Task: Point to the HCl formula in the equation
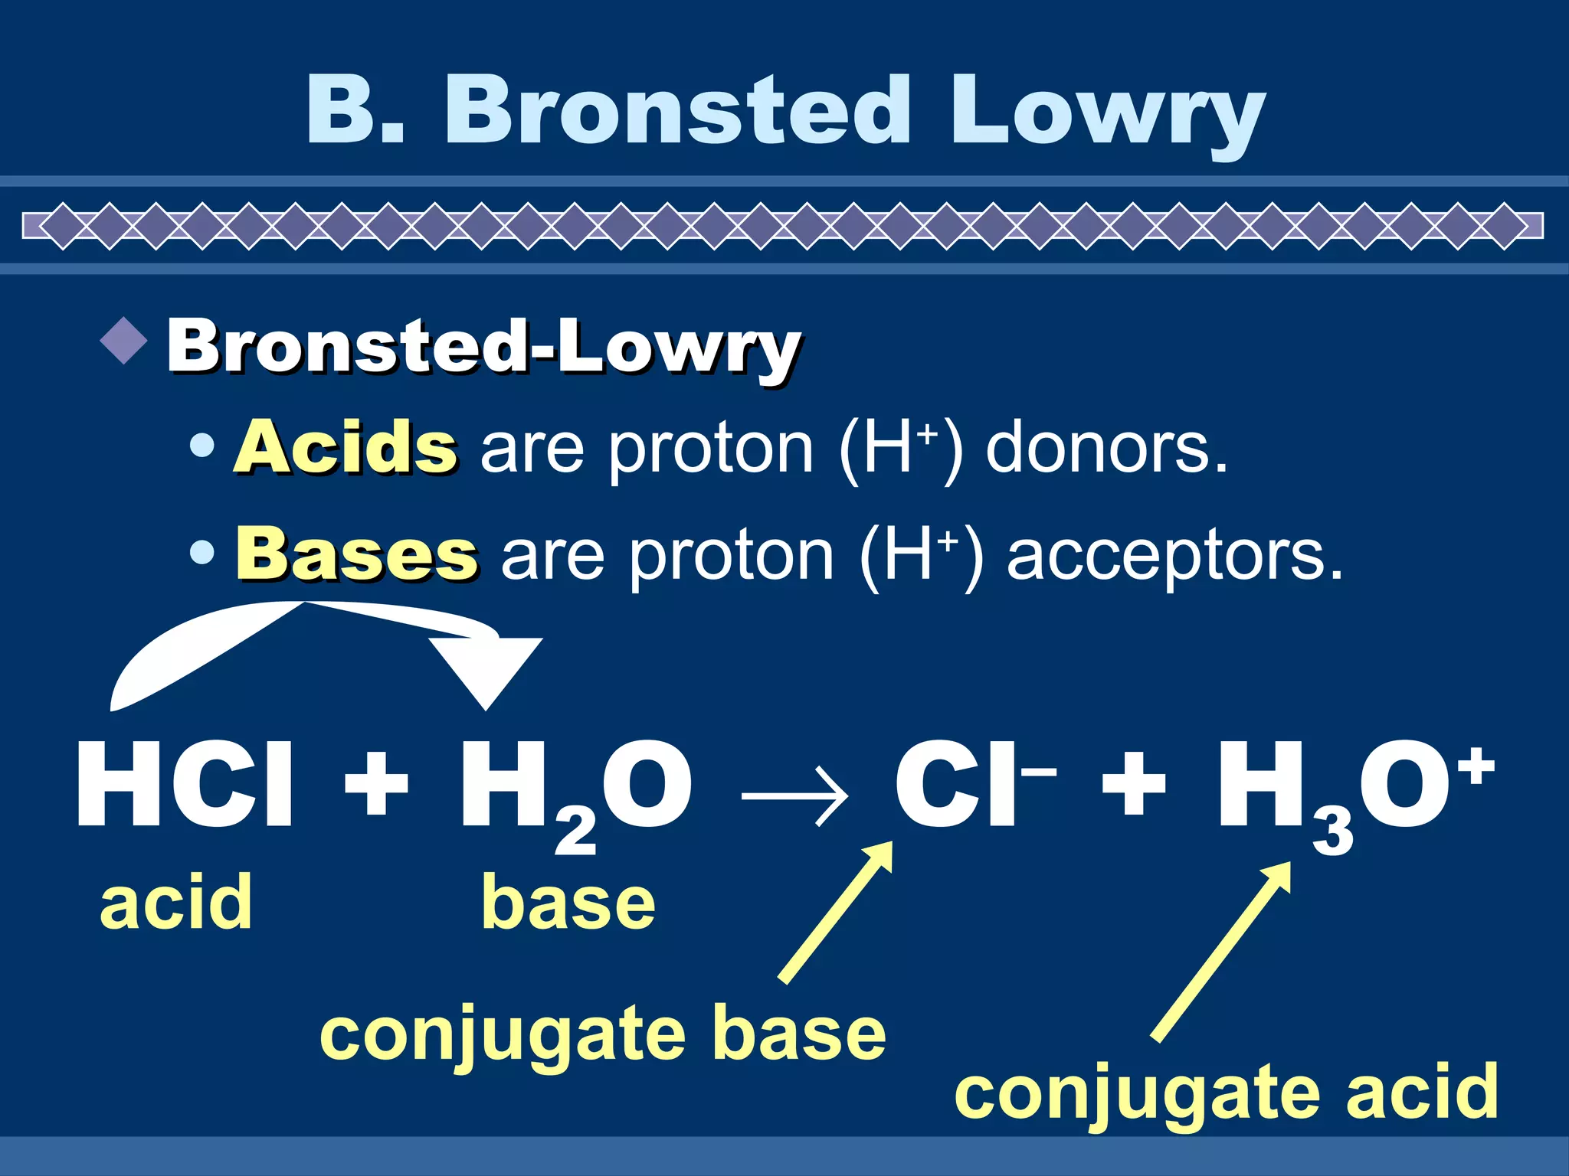click(x=185, y=785)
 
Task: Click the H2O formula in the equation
click(x=575, y=789)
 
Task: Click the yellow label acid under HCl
click(x=175, y=903)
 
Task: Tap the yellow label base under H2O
click(x=568, y=903)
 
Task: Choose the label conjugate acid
click(x=1226, y=1092)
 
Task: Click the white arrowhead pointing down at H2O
click(x=486, y=671)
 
